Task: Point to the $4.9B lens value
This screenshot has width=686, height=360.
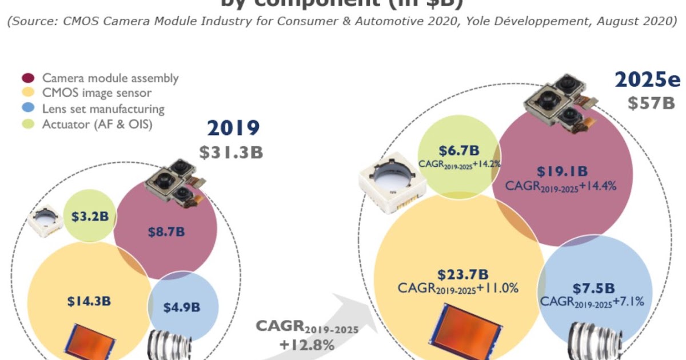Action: click(x=182, y=307)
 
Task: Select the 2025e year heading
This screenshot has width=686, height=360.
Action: click(x=648, y=80)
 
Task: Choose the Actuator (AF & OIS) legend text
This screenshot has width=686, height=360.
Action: click(x=97, y=123)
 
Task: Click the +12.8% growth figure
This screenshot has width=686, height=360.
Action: click(x=306, y=345)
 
